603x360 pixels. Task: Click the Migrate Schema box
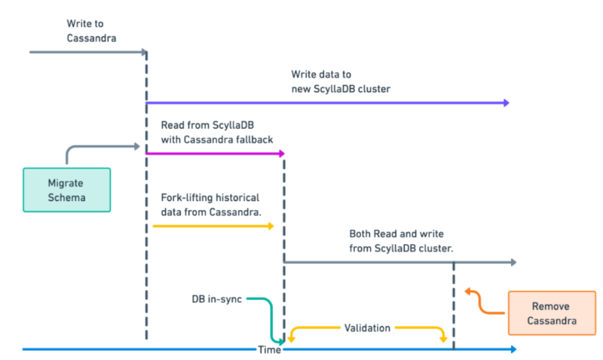point(66,190)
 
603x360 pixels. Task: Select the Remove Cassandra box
point(550,313)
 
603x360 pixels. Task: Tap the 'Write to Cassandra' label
point(90,31)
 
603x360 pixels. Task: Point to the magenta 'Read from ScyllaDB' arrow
point(215,153)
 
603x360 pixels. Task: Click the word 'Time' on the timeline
point(270,349)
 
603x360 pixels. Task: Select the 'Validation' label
point(367,328)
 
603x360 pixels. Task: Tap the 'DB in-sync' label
point(217,299)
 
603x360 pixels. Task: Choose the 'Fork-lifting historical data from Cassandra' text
point(210,204)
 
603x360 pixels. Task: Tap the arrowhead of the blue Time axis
point(513,349)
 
